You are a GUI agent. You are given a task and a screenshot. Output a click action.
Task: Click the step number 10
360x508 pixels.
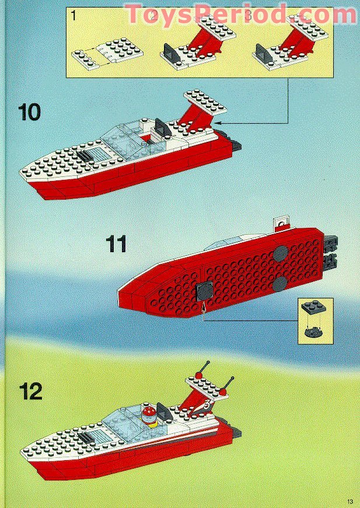click(x=29, y=112)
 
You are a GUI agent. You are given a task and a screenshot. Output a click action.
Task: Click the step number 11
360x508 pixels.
click(x=116, y=243)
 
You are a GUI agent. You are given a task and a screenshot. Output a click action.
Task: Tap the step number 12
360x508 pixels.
click(x=30, y=391)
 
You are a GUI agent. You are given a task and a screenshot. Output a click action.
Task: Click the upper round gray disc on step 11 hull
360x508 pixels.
click(x=280, y=253)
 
